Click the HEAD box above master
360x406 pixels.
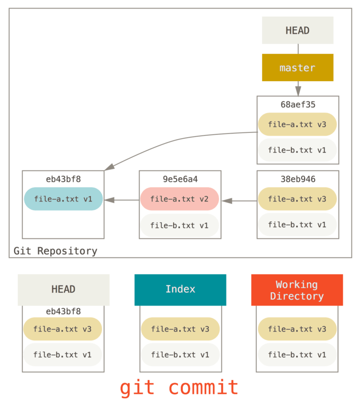[298, 30]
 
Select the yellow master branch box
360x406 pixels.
[298, 67]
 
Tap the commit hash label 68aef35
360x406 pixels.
[298, 105]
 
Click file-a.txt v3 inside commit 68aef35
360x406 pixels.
[298, 124]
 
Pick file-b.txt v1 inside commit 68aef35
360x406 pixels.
[298, 150]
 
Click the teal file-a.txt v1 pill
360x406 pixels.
[63, 199]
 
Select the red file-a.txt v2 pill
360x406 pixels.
[180, 199]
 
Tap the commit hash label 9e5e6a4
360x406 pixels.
[180, 179]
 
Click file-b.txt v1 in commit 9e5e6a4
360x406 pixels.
[180, 225]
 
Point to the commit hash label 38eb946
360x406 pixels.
[298, 179]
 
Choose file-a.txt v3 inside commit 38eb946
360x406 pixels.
[298, 199]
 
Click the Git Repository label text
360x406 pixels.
[55, 251]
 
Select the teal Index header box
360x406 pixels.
[180, 289]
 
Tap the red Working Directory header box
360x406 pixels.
[297, 290]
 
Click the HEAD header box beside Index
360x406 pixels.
[63, 289]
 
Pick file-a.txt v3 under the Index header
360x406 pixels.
[180, 329]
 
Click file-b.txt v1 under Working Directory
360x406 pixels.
[298, 355]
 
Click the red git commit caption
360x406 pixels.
[179, 388]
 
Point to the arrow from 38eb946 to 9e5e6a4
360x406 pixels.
[239, 201]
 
